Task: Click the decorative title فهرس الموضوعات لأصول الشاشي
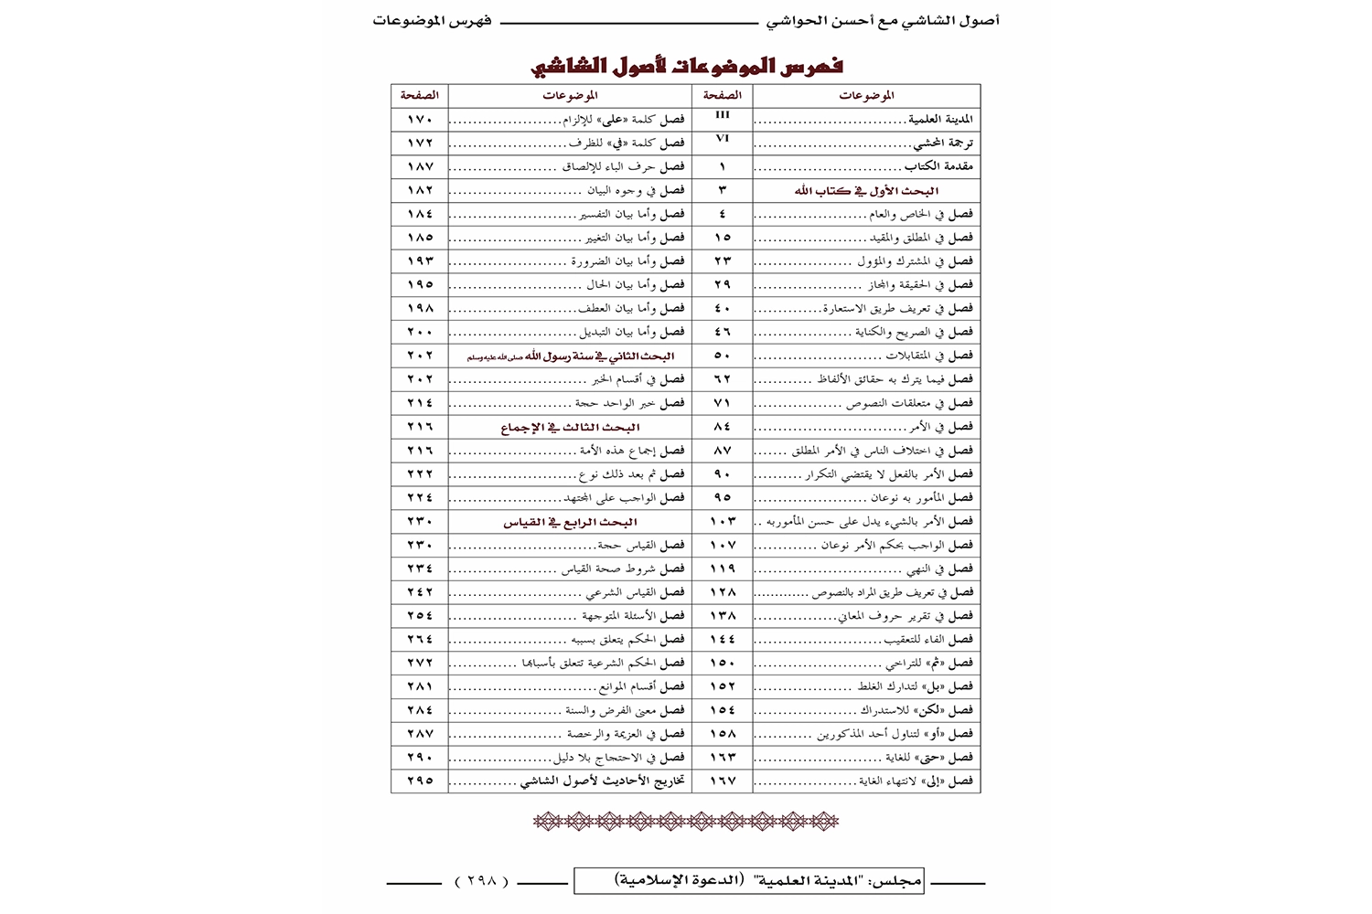(687, 66)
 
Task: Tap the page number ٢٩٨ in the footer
(482, 881)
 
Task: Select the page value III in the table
(722, 115)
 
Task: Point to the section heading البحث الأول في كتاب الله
(866, 191)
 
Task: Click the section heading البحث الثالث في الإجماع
(570, 428)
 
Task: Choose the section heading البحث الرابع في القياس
(570, 523)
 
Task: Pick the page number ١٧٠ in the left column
(420, 120)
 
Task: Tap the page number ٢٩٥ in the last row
(420, 781)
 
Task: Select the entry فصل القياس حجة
(641, 546)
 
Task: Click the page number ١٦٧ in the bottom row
(723, 781)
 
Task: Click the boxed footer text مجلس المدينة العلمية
(748, 881)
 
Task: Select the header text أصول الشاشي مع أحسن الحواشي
(883, 20)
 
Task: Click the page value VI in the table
(722, 138)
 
